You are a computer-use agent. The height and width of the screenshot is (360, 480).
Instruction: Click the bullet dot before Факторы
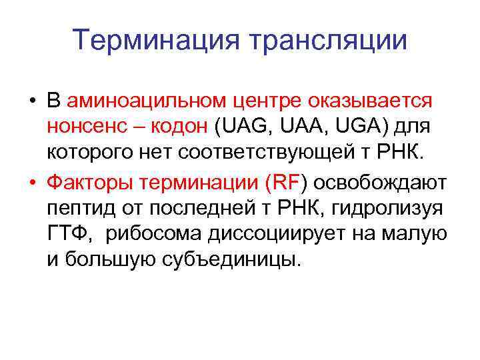tap(32, 183)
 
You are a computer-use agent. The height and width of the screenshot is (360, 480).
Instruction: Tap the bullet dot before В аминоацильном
tap(32, 101)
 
